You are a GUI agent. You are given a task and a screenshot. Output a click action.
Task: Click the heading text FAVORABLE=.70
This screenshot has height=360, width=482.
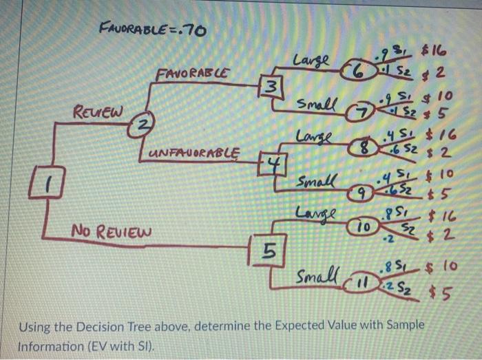[x=153, y=30]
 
